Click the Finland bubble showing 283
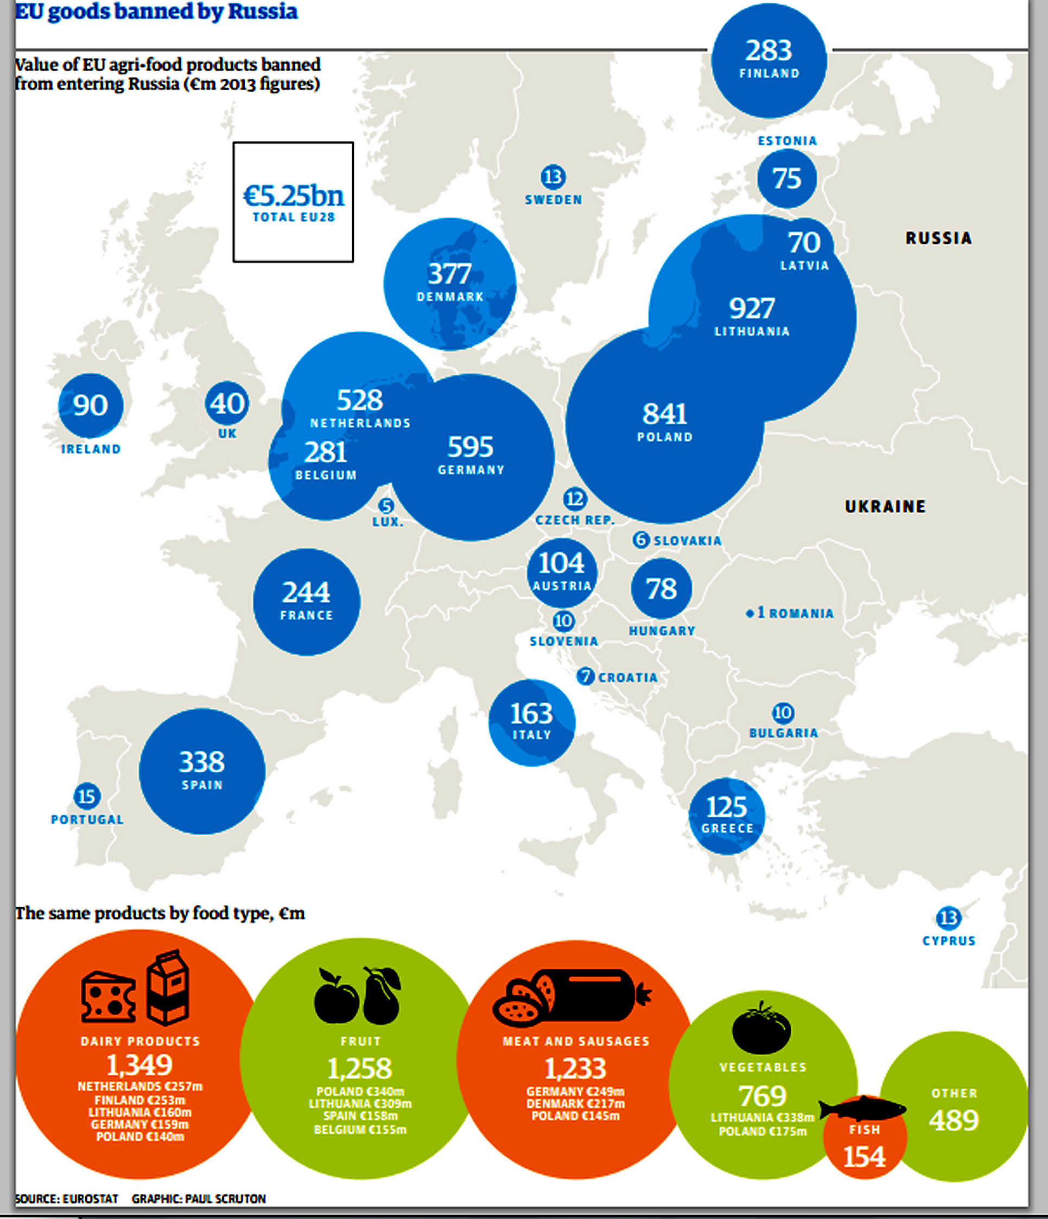point(769,60)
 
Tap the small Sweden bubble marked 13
point(553,176)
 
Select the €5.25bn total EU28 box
point(293,202)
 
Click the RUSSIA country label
point(938,238)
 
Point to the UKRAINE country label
point(885,506)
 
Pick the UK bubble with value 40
point(227,403)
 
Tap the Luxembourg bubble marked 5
point(386,506)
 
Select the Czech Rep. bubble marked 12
point(575,499)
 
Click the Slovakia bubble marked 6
point(640,540)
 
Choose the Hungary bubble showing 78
point(661,589)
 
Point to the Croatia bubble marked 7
point(585,677)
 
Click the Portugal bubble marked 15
point(86,797)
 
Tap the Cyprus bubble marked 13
point(949,918)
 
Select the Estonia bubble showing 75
point(786,178)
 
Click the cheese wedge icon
point(109,997)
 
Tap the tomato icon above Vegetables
point(761,1028)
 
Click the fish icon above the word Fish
point(862,1108)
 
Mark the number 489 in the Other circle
point(954,1120)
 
